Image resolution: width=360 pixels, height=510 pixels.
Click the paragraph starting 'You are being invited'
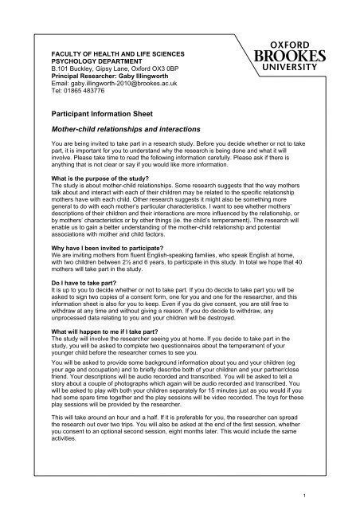click(176, 157)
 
